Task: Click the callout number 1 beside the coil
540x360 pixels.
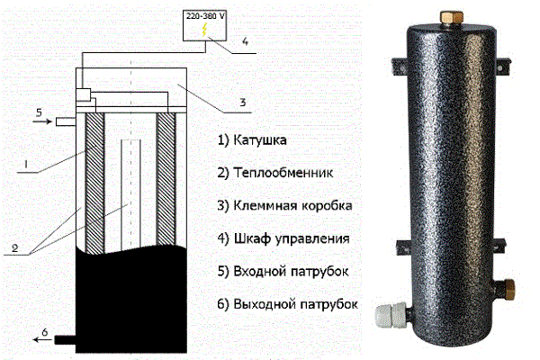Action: (x=28, y=165)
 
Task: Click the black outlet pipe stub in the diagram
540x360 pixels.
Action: (x=66, y=340)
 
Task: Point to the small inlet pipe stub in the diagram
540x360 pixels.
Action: (x=64, y=121)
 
